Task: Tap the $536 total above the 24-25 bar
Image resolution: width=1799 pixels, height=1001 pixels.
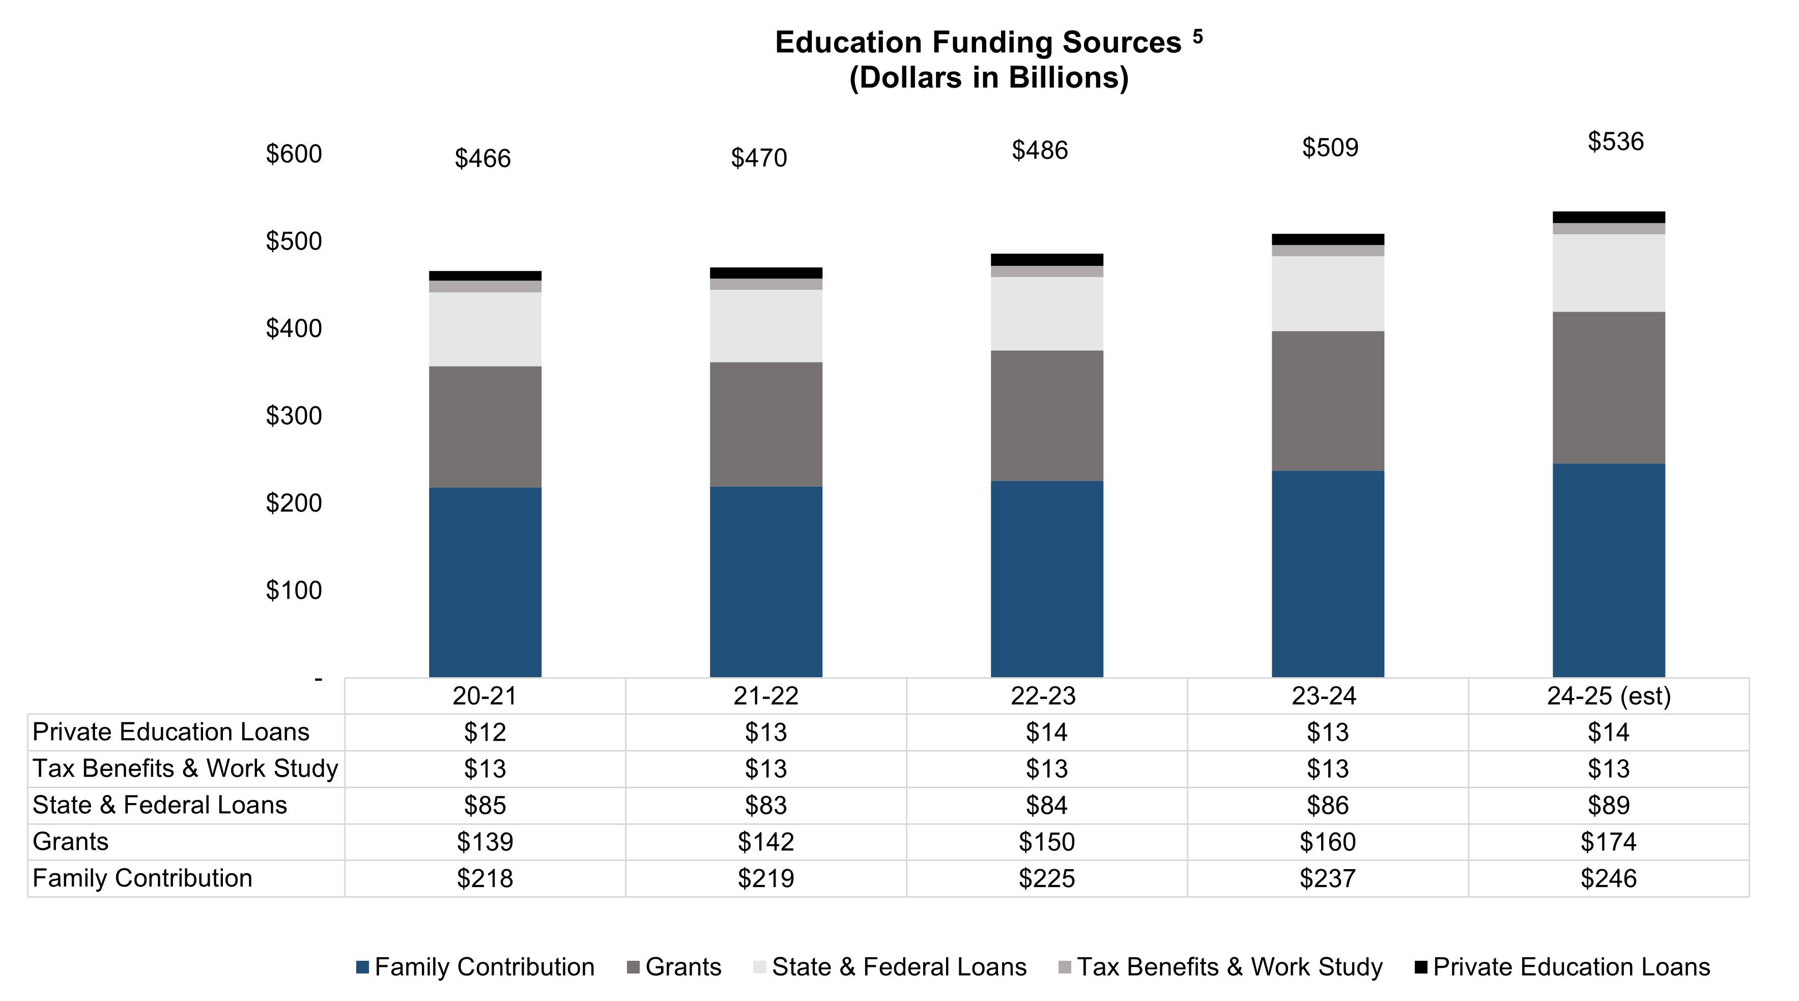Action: [1615, 142]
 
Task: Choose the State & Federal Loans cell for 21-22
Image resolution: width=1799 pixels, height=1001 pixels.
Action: [766, 805]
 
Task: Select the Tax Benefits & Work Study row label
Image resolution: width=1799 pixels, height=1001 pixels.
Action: [185, 768]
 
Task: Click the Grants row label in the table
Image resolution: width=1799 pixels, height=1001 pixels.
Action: [71, 842]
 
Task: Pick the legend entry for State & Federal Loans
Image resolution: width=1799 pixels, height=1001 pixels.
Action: [899, 967]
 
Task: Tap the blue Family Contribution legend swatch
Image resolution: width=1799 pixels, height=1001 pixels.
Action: [362, 967]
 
